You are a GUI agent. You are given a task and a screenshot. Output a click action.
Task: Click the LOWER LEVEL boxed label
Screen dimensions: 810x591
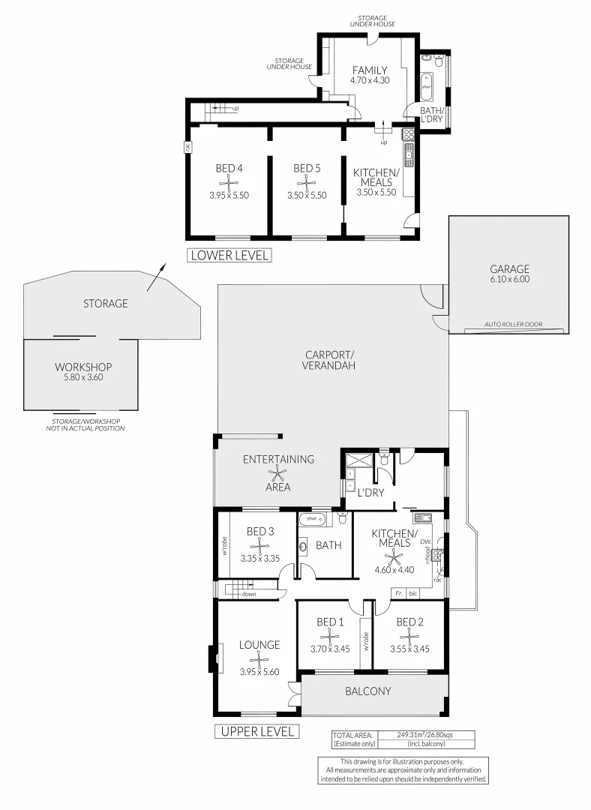click(x=229, y=255)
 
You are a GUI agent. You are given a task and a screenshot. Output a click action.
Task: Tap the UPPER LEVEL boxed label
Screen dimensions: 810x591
click(x=257, y=731)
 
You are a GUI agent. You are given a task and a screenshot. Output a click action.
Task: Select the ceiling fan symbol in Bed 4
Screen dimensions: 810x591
click(x=229, y=181)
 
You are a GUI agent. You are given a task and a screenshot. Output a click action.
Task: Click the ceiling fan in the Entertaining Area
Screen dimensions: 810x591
click(x=278, y=473)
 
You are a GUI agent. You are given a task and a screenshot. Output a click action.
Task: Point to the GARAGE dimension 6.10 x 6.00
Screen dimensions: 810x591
click(x=510, y=280)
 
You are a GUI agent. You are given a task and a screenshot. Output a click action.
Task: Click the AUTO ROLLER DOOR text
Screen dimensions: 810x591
click(x=513, y=325)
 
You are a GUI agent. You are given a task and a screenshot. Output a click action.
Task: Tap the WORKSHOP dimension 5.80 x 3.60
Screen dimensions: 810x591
click(x=83, y=379)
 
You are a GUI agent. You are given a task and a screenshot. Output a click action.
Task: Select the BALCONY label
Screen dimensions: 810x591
click(x=367, y=691)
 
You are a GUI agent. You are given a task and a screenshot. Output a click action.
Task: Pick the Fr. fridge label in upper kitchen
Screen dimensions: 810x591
click(x=399, y=593)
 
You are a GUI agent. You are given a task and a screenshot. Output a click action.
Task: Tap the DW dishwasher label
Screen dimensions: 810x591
click(x=425, y=541)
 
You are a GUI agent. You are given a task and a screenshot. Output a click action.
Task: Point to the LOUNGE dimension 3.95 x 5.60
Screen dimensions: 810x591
click(x=259, y=672)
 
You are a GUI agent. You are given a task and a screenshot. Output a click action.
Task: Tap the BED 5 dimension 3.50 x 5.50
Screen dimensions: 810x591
click(x=307, y=195)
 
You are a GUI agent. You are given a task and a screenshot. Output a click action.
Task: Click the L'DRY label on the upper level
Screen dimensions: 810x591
click(x=370, y=493)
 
